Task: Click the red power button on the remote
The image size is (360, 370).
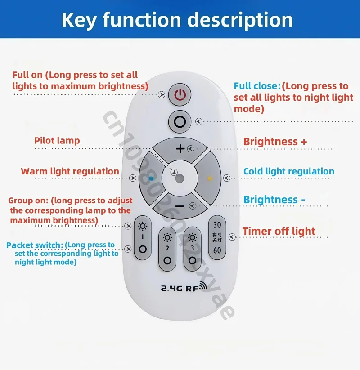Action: (x=180, y=95)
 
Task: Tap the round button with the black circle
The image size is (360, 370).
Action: (x=180, y=121)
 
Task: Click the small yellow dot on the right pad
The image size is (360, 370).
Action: (x=209, y=178)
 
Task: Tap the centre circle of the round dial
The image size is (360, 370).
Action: (x=180, y=178)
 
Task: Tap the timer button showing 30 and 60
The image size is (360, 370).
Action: (x=217, y=237)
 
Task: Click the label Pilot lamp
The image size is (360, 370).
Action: (x=57, y=141)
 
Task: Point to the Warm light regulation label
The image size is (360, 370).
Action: (x=70, y=171)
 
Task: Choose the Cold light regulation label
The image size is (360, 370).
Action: (x=289, y=171)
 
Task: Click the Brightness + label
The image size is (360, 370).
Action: (x=275, y=142)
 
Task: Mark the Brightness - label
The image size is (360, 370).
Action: (x=274, y=200)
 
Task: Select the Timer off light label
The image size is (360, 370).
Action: (x=279, y=232)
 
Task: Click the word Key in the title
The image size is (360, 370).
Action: (x=80, y=20)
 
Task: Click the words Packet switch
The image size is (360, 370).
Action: (x=35, y=245)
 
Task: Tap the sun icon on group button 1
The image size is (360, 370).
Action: (x=143, y=226)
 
